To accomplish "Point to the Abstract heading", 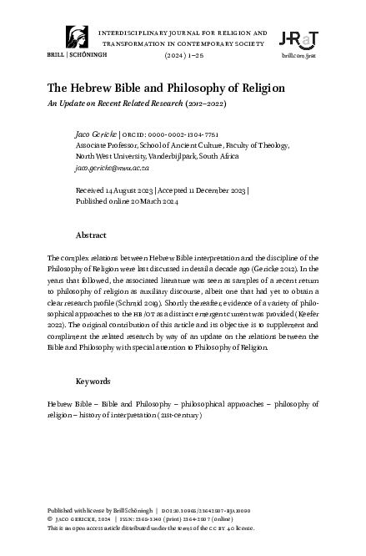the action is [91, 235].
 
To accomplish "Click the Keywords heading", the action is [93, 381].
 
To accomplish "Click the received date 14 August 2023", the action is [129, 190].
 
